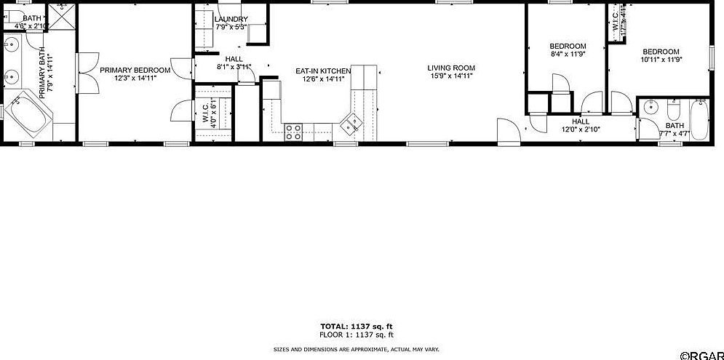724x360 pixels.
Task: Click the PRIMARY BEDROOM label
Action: (135, 71)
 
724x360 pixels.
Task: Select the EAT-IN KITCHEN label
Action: (323, 71)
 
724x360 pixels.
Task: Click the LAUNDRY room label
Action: (231, 20)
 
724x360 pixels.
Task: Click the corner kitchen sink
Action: (352, 124)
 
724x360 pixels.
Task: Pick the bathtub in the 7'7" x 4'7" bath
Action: (699, 119)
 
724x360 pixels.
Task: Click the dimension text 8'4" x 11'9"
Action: (568, 54)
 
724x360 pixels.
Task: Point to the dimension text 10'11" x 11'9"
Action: (660, 60)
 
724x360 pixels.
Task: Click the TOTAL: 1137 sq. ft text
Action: (357, 327)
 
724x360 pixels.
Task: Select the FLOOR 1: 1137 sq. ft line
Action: (357, 335)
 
